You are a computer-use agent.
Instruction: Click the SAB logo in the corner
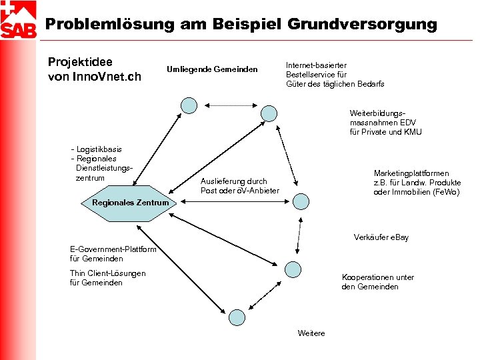tap(19, 20)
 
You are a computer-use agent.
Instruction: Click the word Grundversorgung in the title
tap(363, 25)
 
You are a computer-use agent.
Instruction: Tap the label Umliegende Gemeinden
tap(212, 69)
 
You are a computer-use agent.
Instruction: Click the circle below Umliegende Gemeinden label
tap(190, 105)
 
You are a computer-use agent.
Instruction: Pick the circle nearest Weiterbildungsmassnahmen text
tap(269, 113)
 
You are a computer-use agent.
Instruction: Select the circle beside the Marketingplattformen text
tap(301, 201)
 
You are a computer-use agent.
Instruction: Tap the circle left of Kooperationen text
tap(293, 269)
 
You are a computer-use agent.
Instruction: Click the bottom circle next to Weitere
tap(236, 318)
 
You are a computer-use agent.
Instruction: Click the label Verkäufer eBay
tap(381, 237)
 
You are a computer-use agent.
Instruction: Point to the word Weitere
tap(311, 333)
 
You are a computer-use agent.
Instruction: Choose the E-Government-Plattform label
tap(113, 249)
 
